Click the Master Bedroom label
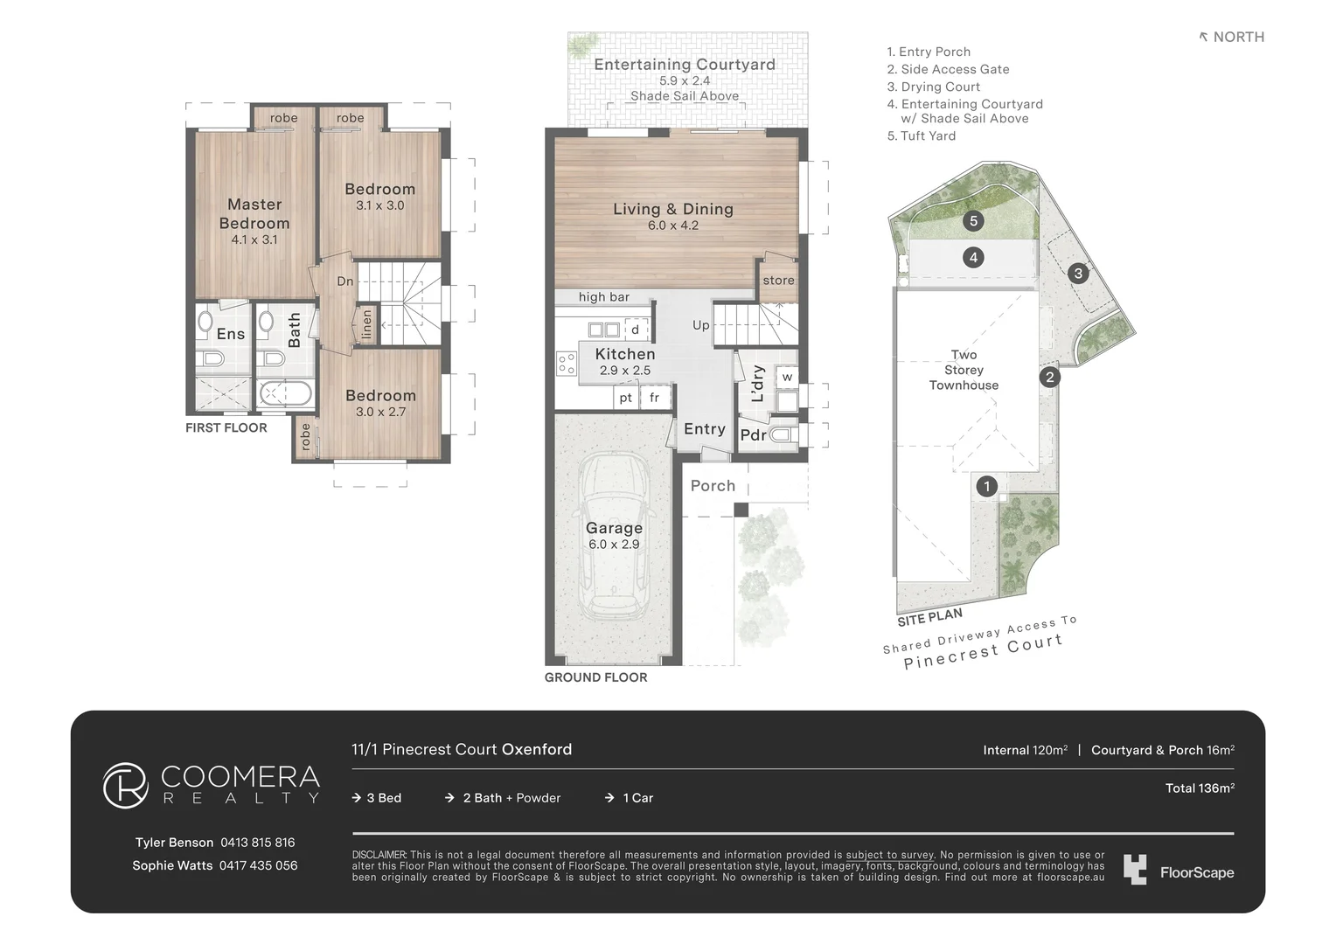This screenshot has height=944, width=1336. (x=254, y=213)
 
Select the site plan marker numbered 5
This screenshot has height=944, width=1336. (x=973, y=220)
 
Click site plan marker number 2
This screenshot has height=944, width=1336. (x=1049, y=377)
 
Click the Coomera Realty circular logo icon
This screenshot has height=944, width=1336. (x=126, y=785)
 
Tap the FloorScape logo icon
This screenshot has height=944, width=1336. (x=1135, y=870)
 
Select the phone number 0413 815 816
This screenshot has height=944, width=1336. (x=257, y=843)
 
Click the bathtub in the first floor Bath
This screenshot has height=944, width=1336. (x=286, y=394)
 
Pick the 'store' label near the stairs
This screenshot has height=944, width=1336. (x=778, y=281)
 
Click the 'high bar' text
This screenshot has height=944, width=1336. (x=603, y=297)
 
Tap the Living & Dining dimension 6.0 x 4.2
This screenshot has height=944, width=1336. (x=672, y=226)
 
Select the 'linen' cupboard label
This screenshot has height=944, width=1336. (x=366, y=323)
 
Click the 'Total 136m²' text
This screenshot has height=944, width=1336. (x=1199, y=788)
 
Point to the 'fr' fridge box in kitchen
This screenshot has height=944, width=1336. (x=654, y=398)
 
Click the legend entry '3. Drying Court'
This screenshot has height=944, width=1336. (x=933, y=87)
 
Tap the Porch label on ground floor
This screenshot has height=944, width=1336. (x=713, y=486)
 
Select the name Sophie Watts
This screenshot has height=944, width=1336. (x=172, y=865)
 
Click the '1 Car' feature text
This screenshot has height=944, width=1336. (x=637, y=798)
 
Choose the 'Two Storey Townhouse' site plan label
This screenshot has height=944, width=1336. (x=964, y=370)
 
